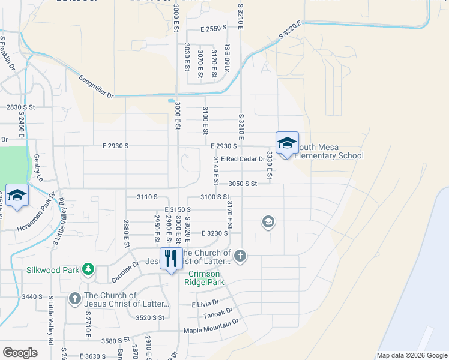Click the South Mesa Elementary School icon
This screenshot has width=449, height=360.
coord(287,143)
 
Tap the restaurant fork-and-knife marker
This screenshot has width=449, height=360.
coord(171,259)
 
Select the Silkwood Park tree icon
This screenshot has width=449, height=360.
coord(88,269)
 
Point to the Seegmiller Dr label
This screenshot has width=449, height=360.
coord(97,84)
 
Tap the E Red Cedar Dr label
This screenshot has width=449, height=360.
coord(243,159)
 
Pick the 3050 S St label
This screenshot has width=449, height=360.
coord(243,184)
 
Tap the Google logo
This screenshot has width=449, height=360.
coord(20,353)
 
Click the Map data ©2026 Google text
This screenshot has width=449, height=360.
coord(411,355)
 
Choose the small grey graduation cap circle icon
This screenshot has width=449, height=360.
coord(268,223)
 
